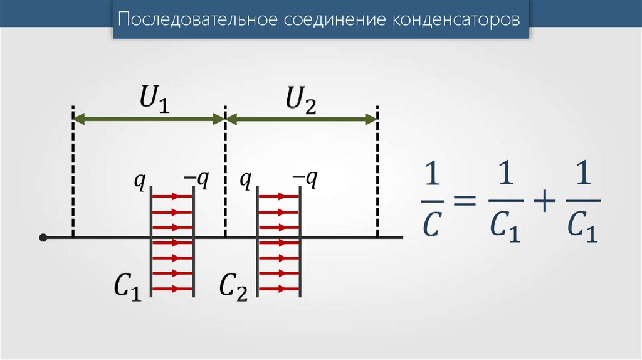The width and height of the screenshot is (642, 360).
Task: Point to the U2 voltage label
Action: coord(300,100)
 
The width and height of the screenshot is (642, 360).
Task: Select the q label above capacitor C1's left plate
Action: coord(140,181)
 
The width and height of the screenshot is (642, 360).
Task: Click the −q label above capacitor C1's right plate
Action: coord(196,180)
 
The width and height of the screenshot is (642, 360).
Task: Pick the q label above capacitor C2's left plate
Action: coord(246,181)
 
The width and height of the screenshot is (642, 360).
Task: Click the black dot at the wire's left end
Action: coord(43,238)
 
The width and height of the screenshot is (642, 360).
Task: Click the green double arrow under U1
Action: coord(149,117)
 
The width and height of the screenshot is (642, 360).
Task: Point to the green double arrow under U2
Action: coord(301,117)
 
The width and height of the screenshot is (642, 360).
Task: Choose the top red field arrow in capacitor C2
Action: coord(279,196)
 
